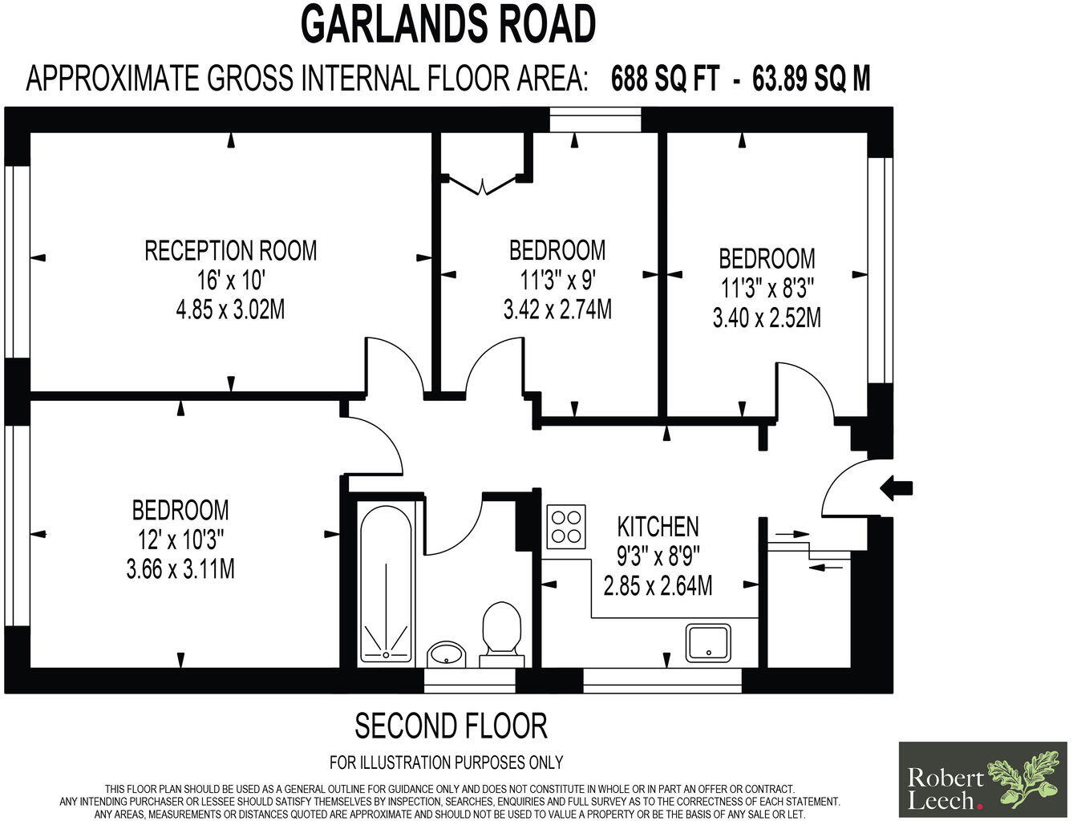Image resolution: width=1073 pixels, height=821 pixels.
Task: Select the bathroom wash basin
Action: click(x=446, y=653)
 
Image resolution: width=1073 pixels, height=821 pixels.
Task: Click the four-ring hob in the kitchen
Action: click(x=566, y=526)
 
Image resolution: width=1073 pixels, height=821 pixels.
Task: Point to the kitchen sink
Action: click(x=708, y=641)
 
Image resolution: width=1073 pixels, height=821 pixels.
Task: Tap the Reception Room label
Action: click(x=231, y=251)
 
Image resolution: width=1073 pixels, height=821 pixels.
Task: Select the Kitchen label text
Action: click(x=658, y=527)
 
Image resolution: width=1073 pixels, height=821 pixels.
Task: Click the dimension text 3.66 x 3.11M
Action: click(x=180, y=569)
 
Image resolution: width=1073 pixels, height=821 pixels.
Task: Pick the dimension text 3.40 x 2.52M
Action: click(x=767, y=318)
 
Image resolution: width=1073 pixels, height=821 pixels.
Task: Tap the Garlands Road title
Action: click(x=448, y=25)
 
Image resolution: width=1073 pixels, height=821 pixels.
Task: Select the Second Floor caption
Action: click(x=451, y=726)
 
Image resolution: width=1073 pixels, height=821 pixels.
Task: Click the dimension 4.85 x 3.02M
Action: click(x=230, y=309)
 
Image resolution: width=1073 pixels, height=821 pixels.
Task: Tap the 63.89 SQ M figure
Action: click(x=811, y=79)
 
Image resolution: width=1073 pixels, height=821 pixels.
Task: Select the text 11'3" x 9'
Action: click(x=557, y=280)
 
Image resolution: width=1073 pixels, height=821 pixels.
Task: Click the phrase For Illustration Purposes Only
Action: click(x=446, y=762)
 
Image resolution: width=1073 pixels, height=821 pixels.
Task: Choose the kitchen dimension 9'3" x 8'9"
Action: click(x=658, y=556)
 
